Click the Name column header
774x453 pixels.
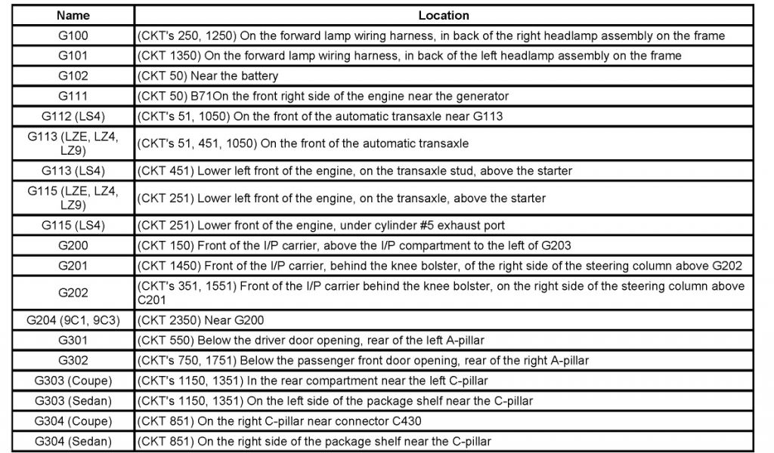(x=73, y=15)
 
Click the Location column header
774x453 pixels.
(x=444, y=15)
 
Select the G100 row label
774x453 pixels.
(x=73, y=35)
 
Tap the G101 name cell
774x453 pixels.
(x=73, y=56)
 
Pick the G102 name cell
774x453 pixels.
(x=73, y=75)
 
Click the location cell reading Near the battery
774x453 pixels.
(x=207, y=75)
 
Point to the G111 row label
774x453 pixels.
(x=73, y=96)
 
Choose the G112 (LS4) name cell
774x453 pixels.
(x=73, y=116)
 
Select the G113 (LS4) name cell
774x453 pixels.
(x=73, y=171)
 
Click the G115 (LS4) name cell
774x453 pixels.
(x=73, y=225)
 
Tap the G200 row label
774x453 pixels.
(x=73, y=245)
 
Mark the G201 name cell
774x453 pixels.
(x=73, y=265)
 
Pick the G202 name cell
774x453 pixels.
(x=73, y=292)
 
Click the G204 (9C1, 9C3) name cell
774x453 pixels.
(x=73, y=320)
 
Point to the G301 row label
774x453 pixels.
(x=73, y=341)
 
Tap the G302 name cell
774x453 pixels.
(x=73, y=361)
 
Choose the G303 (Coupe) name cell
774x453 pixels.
(x=73, y=381)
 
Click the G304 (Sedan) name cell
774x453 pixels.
(x=73, y=441)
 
